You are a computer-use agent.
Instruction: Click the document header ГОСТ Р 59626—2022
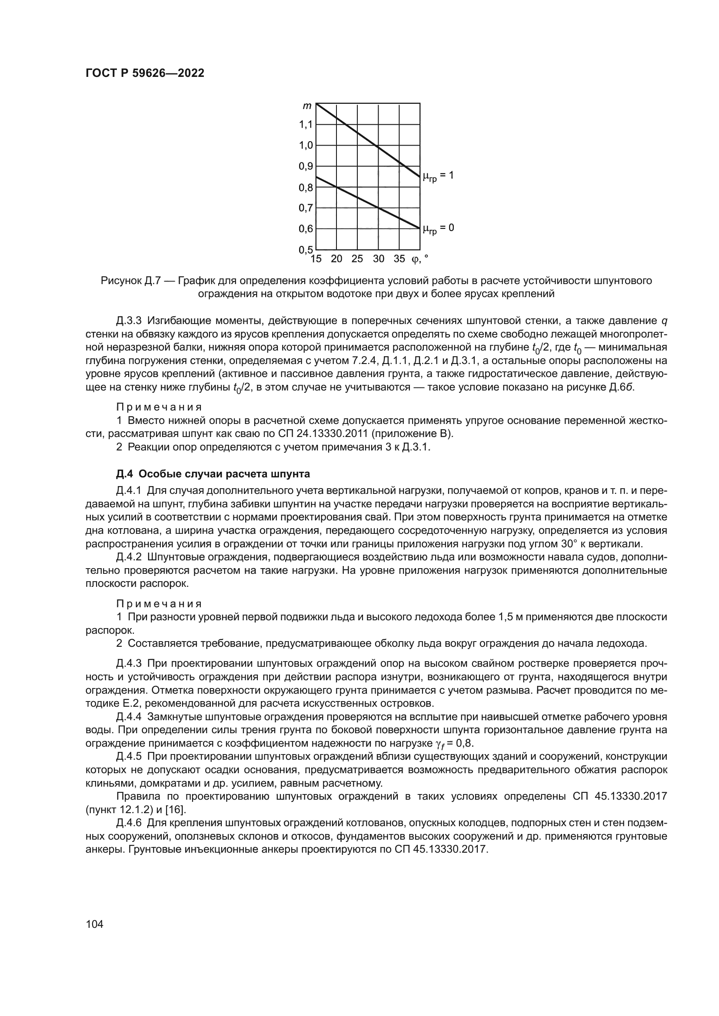145,73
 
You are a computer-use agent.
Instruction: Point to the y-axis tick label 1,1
306,125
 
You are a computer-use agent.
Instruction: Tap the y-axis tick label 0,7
306,208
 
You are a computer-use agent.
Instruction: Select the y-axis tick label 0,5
306,250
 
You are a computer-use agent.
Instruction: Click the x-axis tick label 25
357,259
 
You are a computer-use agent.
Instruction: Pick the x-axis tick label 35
399,259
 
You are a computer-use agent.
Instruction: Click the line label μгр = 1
437,176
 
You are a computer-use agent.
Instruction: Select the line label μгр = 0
437,229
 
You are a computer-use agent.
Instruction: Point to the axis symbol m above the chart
307,106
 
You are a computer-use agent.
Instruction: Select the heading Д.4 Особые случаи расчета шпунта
213,474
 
